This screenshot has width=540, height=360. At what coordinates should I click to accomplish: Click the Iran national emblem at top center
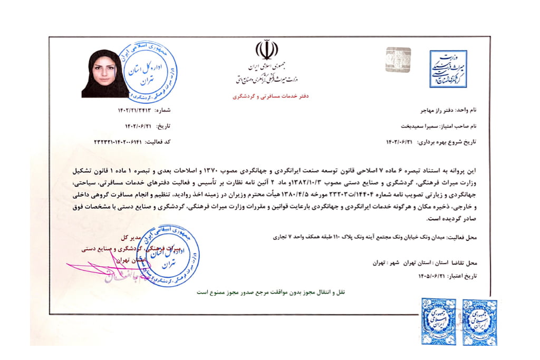[266, 50]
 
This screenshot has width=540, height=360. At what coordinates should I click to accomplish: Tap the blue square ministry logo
[448, 69]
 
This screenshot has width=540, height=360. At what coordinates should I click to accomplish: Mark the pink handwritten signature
[105, 269]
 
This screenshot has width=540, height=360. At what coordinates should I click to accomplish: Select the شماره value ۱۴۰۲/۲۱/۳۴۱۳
[137, 111]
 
